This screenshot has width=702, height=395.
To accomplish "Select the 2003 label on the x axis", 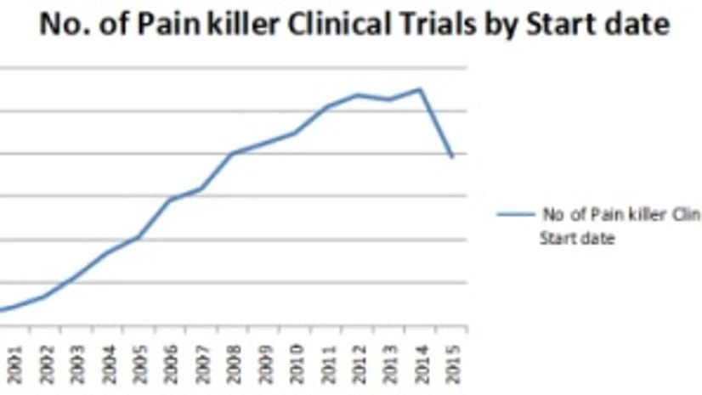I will pos(76,364).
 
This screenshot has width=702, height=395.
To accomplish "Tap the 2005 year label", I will pos(139,364).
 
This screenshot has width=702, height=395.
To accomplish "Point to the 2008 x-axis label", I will pos(234,364).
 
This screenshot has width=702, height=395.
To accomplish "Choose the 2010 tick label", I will pos(296,364).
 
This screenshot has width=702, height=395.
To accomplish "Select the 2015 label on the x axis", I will pos(452,364).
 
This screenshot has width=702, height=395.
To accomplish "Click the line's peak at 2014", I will pos(419,88).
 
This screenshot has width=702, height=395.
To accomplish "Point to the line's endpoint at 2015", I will pos(452,157).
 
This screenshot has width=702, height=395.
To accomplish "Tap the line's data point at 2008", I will pos(234,153).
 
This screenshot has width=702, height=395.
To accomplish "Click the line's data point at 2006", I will pos(171,199).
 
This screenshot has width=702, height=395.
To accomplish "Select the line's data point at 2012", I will pos(358,94).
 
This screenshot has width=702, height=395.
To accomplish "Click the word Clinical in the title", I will pos(356,25).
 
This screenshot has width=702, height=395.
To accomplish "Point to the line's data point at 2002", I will pos(45,296).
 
